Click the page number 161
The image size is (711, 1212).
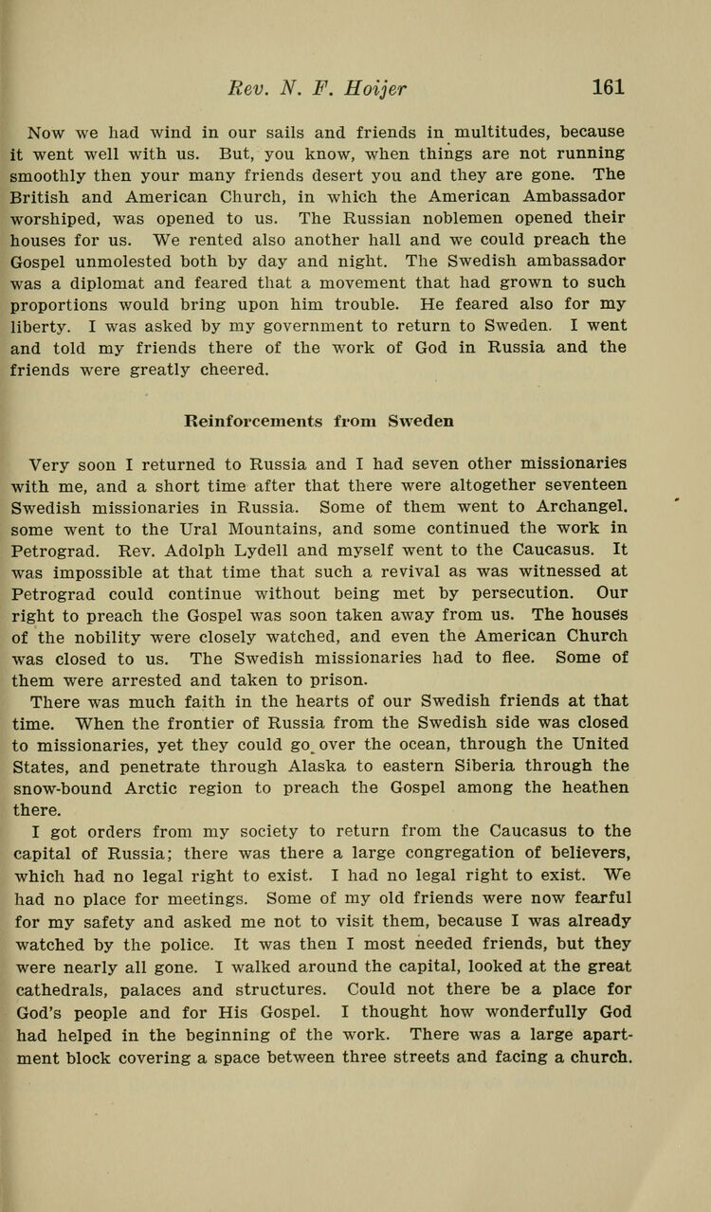coord(609,87)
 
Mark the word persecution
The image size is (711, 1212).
coord(525,593)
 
